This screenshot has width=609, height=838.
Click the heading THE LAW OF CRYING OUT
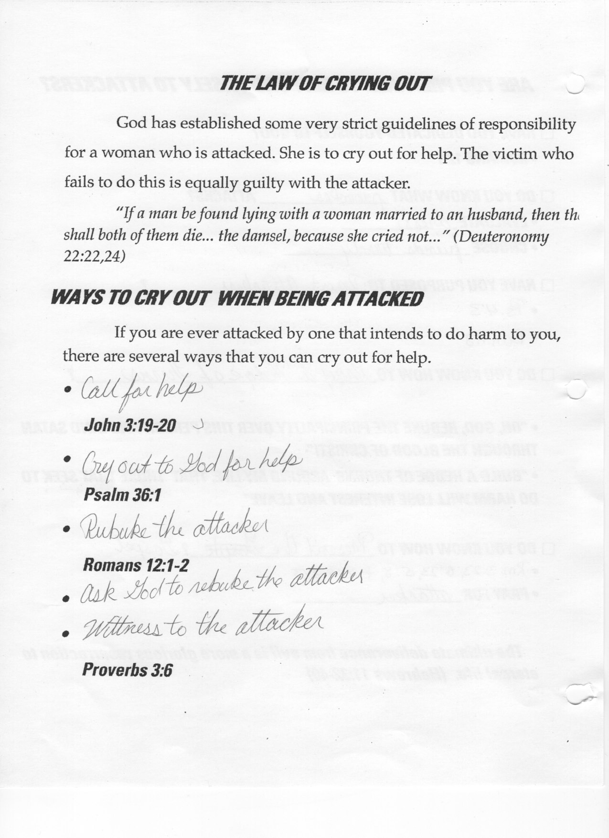click(324, 84)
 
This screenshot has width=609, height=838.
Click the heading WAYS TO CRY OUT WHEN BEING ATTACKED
click(236, 299)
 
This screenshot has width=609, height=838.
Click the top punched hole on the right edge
click(575, 84)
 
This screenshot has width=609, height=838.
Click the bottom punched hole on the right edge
click(578, 693)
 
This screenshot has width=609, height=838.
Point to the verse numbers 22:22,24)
click(95, 256)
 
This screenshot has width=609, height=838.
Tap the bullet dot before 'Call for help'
click(70, 391)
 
